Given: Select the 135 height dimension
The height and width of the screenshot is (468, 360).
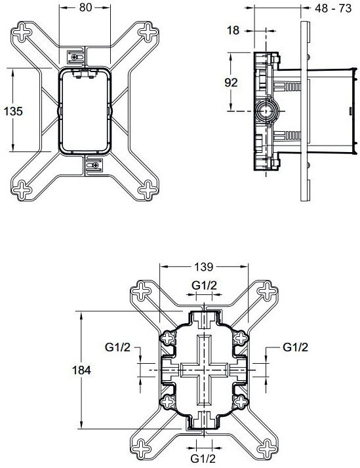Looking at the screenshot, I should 14,111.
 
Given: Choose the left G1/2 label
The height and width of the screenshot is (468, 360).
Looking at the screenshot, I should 118,347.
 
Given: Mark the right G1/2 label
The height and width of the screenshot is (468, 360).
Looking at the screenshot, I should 296,347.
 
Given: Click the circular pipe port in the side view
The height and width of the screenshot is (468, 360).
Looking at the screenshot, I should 266,111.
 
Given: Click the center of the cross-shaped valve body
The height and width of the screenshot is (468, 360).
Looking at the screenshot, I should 205,370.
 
